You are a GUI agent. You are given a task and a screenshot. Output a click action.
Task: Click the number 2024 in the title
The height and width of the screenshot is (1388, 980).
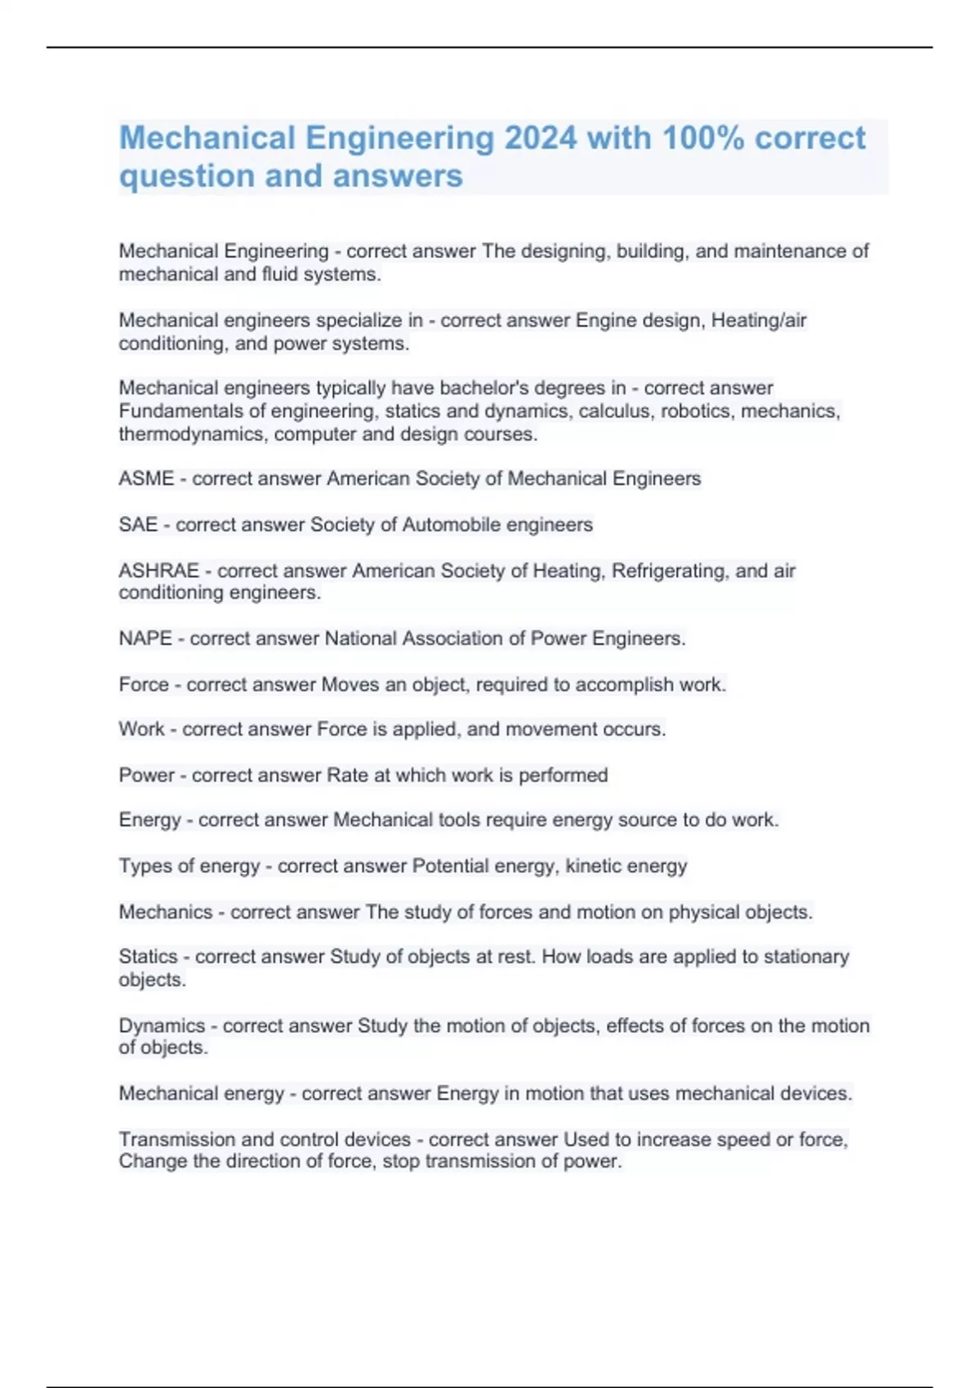click(540, 138)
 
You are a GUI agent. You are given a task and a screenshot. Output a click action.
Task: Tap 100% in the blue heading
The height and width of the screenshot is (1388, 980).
click(702, 138)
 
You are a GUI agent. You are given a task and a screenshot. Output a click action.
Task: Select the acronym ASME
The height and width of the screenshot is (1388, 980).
click(146, 478)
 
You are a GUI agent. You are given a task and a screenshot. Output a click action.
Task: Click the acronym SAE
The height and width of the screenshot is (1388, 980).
click(138, 524)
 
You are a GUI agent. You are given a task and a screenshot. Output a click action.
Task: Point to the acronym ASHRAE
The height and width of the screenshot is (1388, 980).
click(158, 570)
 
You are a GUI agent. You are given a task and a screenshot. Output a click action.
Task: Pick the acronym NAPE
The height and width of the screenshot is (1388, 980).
click(145, 638)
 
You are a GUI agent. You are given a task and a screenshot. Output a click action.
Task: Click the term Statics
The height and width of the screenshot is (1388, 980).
click(148, 956)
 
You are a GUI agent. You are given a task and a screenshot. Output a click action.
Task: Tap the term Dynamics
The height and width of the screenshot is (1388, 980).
click(162, 1025)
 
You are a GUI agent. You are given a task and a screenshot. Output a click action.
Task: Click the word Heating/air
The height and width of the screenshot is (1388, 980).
click(759, 320)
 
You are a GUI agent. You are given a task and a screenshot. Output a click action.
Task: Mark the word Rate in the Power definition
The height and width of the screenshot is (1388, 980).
click(347, 775)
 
